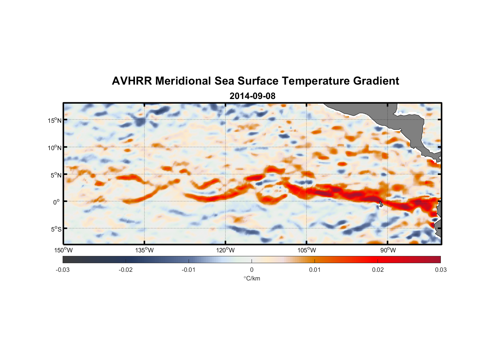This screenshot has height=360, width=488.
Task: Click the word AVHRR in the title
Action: [132, 81]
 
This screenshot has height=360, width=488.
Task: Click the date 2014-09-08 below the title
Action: [252, 96]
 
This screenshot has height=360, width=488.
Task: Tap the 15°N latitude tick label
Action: [55, 121]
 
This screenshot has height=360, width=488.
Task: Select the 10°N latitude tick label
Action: [55, 148]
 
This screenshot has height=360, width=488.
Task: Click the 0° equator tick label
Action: [57, 202]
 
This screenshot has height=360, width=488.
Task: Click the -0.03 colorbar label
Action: [63, 270]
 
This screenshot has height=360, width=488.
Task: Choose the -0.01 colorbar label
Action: [189, 270]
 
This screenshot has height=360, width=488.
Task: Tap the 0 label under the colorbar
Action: [252, 270]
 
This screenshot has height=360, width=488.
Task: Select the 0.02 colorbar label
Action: [378, 270]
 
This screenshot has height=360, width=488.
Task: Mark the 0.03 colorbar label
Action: [440, 270]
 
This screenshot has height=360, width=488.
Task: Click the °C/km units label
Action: [252, 278]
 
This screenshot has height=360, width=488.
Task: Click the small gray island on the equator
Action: [381, 203]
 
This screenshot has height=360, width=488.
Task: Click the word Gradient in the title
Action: [376, 81]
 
